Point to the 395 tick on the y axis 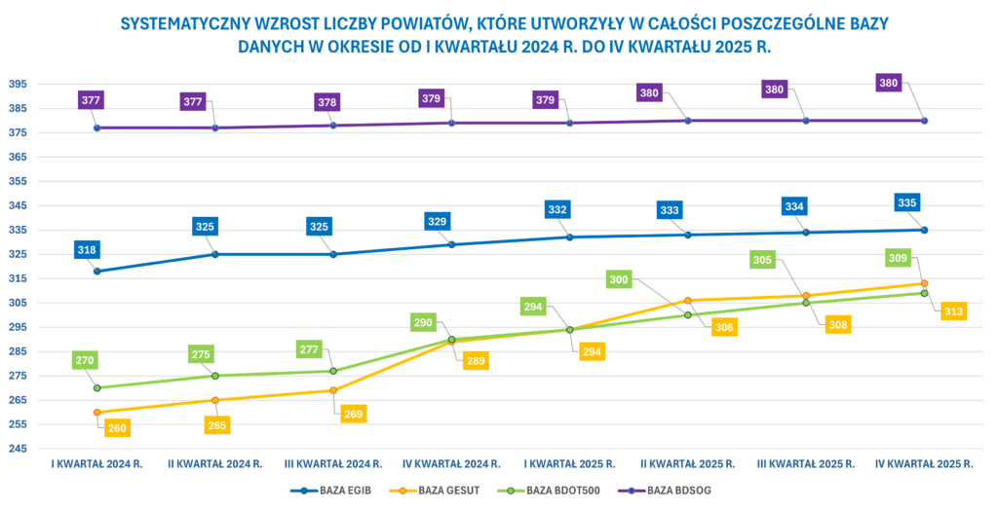pos(19,84)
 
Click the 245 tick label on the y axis pos(19,449)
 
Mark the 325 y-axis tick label pos(19,254)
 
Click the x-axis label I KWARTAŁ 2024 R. pos(97,464)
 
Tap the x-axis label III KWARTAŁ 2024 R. pos(333,464)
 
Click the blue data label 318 pos(87,250)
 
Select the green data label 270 pos(85,360)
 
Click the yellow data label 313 pos(953,311)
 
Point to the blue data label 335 pos(907,202)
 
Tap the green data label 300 pos(619,279)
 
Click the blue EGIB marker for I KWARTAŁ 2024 pos(97,272)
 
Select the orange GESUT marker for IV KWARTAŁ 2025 pos(924,283)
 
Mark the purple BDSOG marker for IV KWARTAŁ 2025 pos(924,121)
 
